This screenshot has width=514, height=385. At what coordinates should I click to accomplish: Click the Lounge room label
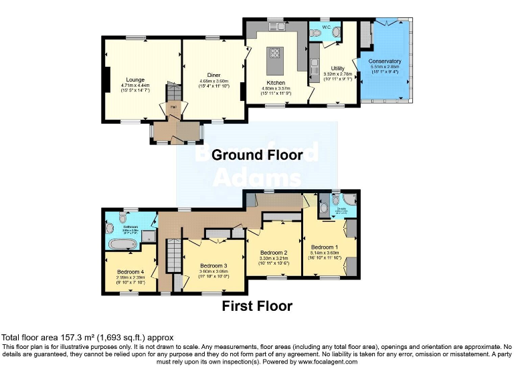pos(135,80)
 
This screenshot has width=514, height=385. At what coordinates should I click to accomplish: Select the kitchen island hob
pos(273,53)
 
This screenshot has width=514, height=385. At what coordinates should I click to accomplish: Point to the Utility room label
pos(338,68)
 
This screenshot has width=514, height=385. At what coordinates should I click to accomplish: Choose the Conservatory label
pos(385,61)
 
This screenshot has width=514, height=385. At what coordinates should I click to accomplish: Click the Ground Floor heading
pos(257,155)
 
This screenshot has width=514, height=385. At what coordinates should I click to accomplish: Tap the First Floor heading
pos(257,306)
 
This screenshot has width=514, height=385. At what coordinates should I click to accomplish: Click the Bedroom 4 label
pos(131,272)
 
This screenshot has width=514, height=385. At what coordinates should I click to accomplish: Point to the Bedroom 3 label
pos(213,266)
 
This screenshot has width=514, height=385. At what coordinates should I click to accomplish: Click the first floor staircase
pos(171,257)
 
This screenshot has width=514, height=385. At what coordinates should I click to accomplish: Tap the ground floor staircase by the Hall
pos(173,91)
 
